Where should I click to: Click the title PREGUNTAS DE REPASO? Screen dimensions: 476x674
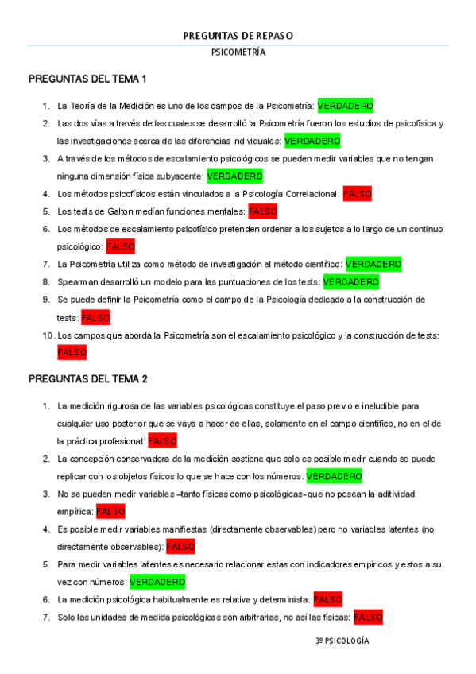point(238,36)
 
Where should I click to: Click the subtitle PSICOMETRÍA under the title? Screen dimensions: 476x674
point(238,52)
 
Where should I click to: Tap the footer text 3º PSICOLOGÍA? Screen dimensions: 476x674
point(342,641)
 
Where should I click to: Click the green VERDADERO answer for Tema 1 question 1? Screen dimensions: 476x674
point(345,106)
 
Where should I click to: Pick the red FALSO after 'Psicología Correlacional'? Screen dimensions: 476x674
point(357,194)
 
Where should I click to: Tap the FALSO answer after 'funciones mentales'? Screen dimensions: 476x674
point(262,211)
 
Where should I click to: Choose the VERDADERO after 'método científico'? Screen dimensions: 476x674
point(373,264)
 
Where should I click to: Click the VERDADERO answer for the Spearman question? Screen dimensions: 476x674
point(350,282)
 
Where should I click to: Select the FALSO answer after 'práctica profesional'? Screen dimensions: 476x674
point(162,440)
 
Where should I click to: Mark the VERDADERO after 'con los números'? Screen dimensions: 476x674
point(334,476)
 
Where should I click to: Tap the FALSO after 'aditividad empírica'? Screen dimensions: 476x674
point(110,511)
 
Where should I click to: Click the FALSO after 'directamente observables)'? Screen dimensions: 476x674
point(180,547)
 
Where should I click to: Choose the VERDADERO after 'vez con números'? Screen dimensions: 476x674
point(157,582)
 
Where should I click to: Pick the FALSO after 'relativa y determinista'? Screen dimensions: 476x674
point(327,599)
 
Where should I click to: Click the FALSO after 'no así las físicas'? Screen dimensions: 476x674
point(368,617)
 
